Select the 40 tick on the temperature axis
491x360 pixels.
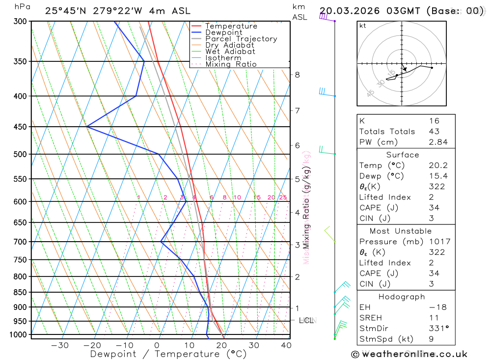tap(286, 345)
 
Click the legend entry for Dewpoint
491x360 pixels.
tap(223, 33)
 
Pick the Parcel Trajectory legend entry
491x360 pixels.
tap(241, 39)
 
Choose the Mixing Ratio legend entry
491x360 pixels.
tap(231, 64)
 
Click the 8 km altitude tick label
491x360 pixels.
tap(297, 75)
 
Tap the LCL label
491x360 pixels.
tap(306, 321)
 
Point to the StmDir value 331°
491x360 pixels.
tap(436, 329)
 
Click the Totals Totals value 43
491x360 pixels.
tap(434, 131)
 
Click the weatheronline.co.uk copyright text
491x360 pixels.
tap(409, 354)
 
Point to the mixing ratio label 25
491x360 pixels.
tap(283, 197)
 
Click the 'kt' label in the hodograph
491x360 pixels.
tap(362, 26)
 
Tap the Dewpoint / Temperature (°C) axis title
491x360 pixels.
tap(168, 354)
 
